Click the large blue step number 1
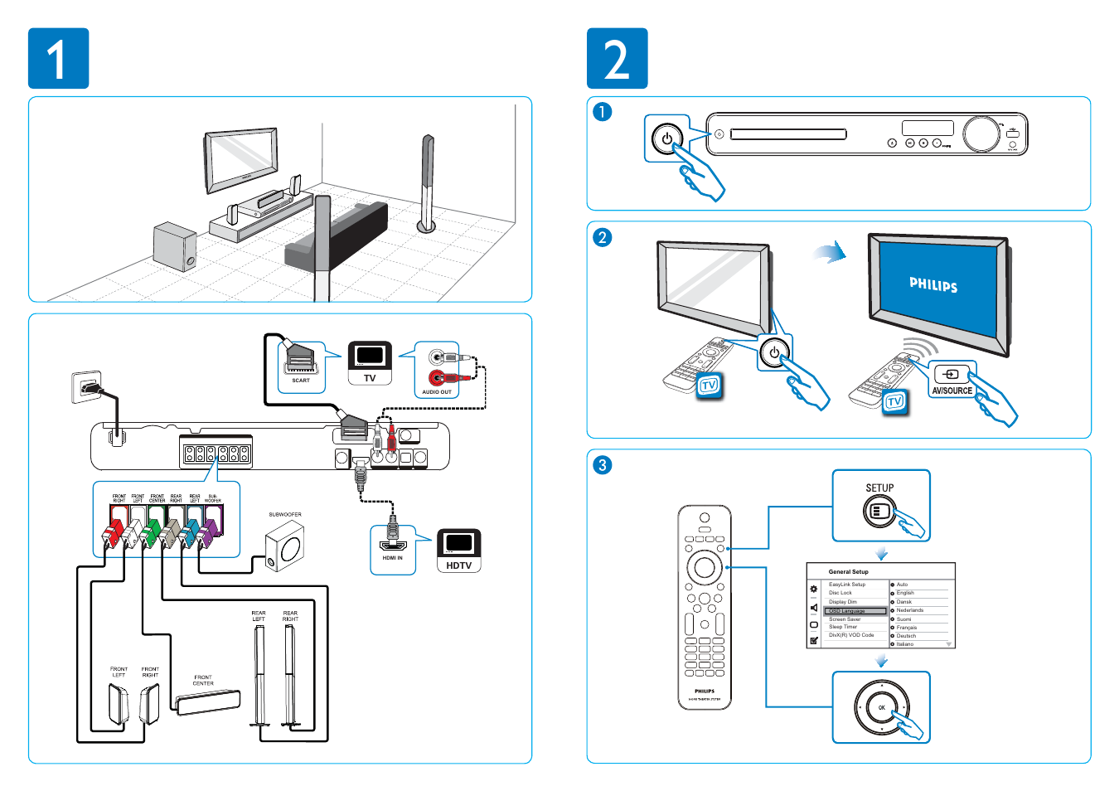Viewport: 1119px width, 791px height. click(58, 59)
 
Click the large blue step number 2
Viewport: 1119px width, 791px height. click(617, 59)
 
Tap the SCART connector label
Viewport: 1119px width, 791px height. click(301, 381)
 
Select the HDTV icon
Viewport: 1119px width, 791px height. click(458, 551)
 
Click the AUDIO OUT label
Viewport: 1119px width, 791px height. click(437, 392)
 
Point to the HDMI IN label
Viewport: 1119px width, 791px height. click(393, 558)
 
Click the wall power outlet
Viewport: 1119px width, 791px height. click(87, 386)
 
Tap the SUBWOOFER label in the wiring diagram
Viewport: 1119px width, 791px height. click(285, 515)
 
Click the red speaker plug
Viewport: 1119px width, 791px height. click(115, 529)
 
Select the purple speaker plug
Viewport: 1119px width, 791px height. click(210, 528)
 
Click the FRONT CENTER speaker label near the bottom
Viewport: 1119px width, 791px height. click(203, 680)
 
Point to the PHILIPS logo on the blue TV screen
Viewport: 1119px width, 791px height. click(933, 284)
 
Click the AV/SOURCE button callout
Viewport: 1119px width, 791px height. click(952, 391)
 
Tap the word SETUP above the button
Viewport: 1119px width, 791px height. click(879, 488)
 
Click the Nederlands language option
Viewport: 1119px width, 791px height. click(909, 610)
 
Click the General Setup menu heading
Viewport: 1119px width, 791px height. click(848, 571)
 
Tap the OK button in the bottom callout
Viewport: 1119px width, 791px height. click(882, 707)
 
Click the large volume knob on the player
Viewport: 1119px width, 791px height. click(981, 134)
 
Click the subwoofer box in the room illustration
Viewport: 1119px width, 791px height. click(174, 246)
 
